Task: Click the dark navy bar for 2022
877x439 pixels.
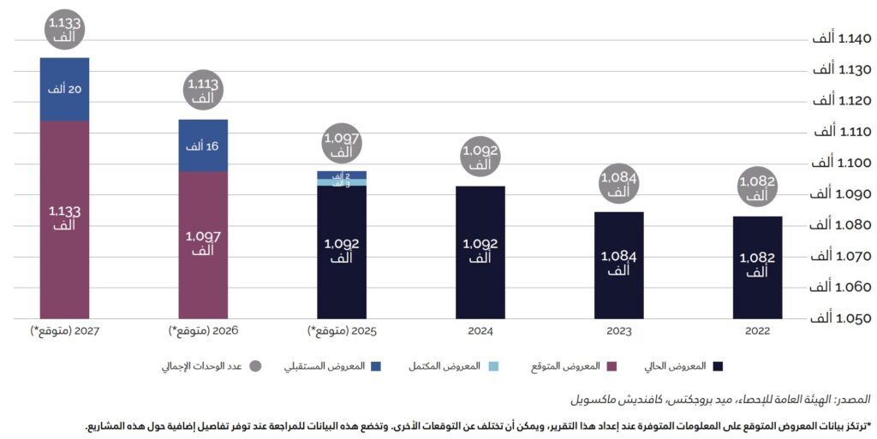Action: click(x=757, y=267)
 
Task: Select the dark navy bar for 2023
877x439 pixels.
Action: click(x=619, y=264)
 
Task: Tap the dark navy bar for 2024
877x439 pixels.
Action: click(x=480, y=252)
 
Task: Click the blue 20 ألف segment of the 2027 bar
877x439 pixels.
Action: click(x=64, y=89)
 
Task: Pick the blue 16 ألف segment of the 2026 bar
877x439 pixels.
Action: click(x=203, y=145)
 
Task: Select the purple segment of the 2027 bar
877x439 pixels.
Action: click(x=64, y=219)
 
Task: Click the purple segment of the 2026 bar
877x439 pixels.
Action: click(x=203, y=244)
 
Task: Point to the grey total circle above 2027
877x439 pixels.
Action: click(x=64, y=31)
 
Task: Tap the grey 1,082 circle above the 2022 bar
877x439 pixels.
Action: click(x=757, y=188)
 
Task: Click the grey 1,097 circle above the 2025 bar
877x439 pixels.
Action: click(x=341, y=145)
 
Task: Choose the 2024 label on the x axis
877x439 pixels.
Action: click(x=480, y=330)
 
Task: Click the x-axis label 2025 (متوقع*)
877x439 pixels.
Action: click(x=341, y=330)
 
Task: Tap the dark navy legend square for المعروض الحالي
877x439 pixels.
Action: click(x=718, y=366)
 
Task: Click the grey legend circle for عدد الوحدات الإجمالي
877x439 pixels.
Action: click(x=255, y=366)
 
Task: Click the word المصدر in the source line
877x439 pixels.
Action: click(x=856, y=400)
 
